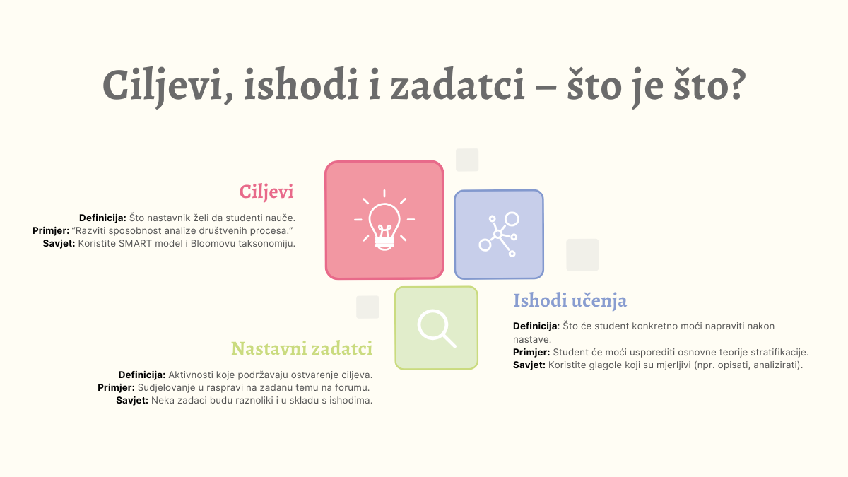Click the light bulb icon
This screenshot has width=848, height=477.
click(384, 220)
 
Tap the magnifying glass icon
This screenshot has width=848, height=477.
click(437, 328)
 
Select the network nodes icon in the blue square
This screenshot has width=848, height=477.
click(499, 235)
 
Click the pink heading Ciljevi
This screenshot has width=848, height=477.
click(266, 192)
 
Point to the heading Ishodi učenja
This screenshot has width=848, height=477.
click(570, 300)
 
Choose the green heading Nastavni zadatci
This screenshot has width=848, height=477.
click(302, 348)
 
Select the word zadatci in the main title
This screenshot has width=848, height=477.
click(457, 84)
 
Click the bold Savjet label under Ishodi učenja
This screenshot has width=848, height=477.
click(529, 365)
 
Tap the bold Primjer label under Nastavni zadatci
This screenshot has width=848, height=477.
click(116, 388)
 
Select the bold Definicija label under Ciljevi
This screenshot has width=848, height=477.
click(102, 218)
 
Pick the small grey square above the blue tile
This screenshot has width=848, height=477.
click(467, 160)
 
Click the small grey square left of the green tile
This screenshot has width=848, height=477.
click(367, 307)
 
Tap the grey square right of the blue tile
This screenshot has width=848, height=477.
click(582, 255)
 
